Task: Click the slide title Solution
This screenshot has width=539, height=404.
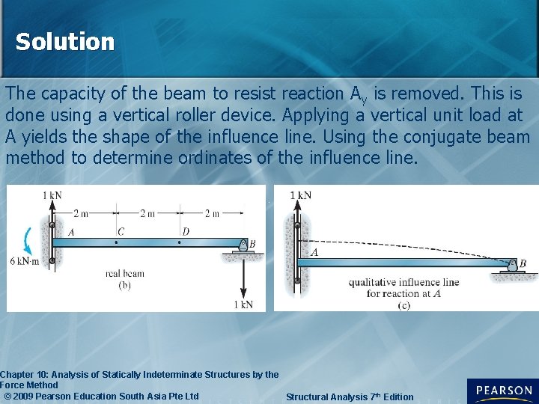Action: coord(65,42)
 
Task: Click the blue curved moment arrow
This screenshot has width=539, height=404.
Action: coord(28,241)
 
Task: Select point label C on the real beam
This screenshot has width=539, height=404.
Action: coord(120,232)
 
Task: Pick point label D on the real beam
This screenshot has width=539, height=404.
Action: coord(185,232)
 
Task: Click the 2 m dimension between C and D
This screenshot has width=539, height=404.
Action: coord(147,213)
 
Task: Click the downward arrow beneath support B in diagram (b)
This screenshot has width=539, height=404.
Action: coord(243,277)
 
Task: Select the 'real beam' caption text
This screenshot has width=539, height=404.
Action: coord(124,274)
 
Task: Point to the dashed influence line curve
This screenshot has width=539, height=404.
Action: coord(404,245)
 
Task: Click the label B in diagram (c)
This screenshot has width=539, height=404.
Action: coord(522,263)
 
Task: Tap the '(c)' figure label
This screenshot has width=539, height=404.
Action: coord(404,304)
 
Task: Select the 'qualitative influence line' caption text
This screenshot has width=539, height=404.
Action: coord(404,282)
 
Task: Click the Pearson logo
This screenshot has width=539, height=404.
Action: coord(502,391)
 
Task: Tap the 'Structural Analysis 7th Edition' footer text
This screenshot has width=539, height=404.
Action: coord(349,397)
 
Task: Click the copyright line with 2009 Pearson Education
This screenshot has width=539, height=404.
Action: coord(101,396)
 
